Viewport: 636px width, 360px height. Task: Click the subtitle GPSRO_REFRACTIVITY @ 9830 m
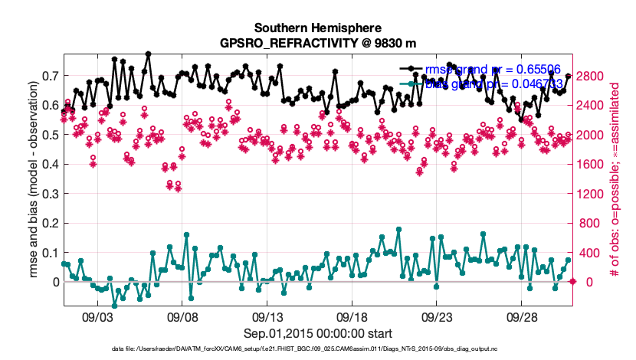(x=317, y=43)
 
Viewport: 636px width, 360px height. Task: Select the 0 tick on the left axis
(x=54, y=282)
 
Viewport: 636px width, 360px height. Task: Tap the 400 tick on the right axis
(x=589, y=253)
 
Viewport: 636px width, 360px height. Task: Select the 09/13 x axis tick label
(x=270, y=316)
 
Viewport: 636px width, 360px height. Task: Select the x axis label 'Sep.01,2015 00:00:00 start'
(x=317, y=333)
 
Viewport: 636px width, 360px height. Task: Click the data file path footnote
(x=317, y=349)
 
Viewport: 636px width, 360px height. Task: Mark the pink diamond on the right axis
(x=572, y=282)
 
